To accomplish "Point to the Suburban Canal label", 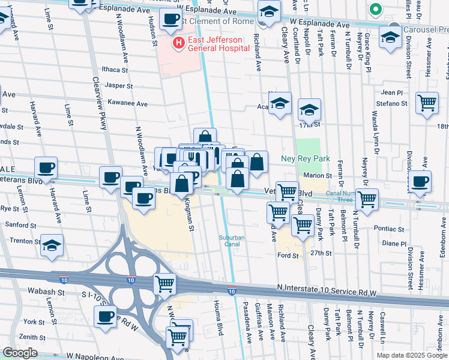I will (232, 241).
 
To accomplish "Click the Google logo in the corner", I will (20, 353).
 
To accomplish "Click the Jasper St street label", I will (118, 86).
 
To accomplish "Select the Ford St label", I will (289, 256).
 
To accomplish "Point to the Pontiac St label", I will (390, 229).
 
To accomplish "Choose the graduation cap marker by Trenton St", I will (52, 246).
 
